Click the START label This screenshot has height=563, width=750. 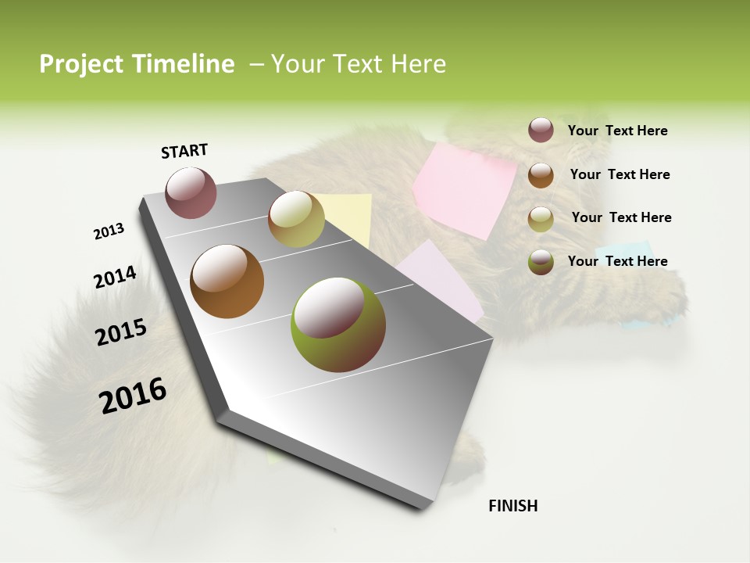(184, 151)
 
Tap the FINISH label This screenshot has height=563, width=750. (512, 506)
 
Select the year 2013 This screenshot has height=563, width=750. (109, 231)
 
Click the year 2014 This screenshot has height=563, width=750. (115, 278)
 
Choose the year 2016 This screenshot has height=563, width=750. (133, 396)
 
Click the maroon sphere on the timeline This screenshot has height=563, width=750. (191, 192)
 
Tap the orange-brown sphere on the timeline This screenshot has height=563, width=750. (227, 281)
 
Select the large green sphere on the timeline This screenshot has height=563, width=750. (338, 325)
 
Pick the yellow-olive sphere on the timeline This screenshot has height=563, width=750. (296, 219)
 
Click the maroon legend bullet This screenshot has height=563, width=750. (541, 131)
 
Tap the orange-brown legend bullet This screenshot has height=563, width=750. (541, 174)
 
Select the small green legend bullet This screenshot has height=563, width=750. (541, 261)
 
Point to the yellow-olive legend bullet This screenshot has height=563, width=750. (541, 218)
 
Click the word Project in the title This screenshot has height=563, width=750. (82, 64)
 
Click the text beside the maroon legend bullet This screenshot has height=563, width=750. (617, 131)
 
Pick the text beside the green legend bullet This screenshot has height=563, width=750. (617, 261)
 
